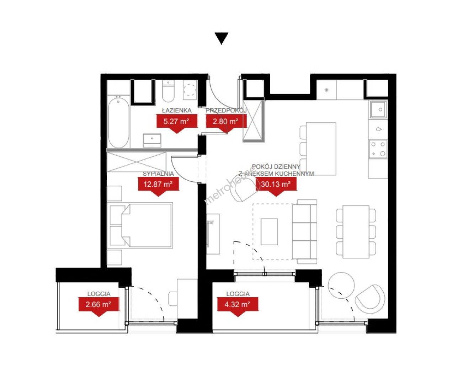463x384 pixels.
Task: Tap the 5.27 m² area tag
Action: tap(176, 123)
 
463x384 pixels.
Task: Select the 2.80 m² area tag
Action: tap(226, 123)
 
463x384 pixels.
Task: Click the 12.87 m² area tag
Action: tap(158, 186)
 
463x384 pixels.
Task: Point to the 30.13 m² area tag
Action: tap(276, 186)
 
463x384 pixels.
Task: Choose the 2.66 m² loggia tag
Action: tap(99, 306)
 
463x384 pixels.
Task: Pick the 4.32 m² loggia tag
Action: tap(238, 306)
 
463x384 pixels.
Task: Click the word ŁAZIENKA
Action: tap(177, 110)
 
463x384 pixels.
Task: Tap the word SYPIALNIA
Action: tap(158, 174)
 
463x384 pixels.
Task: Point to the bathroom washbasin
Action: tap(152, 140)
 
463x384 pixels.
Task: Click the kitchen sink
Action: tap(378, 110)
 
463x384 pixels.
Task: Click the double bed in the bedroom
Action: tap(141, 225)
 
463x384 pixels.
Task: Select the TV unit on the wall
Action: tap(213, 234)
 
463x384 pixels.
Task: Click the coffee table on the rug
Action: tap(269, 232)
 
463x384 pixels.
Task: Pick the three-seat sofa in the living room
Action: tap(305, 232)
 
